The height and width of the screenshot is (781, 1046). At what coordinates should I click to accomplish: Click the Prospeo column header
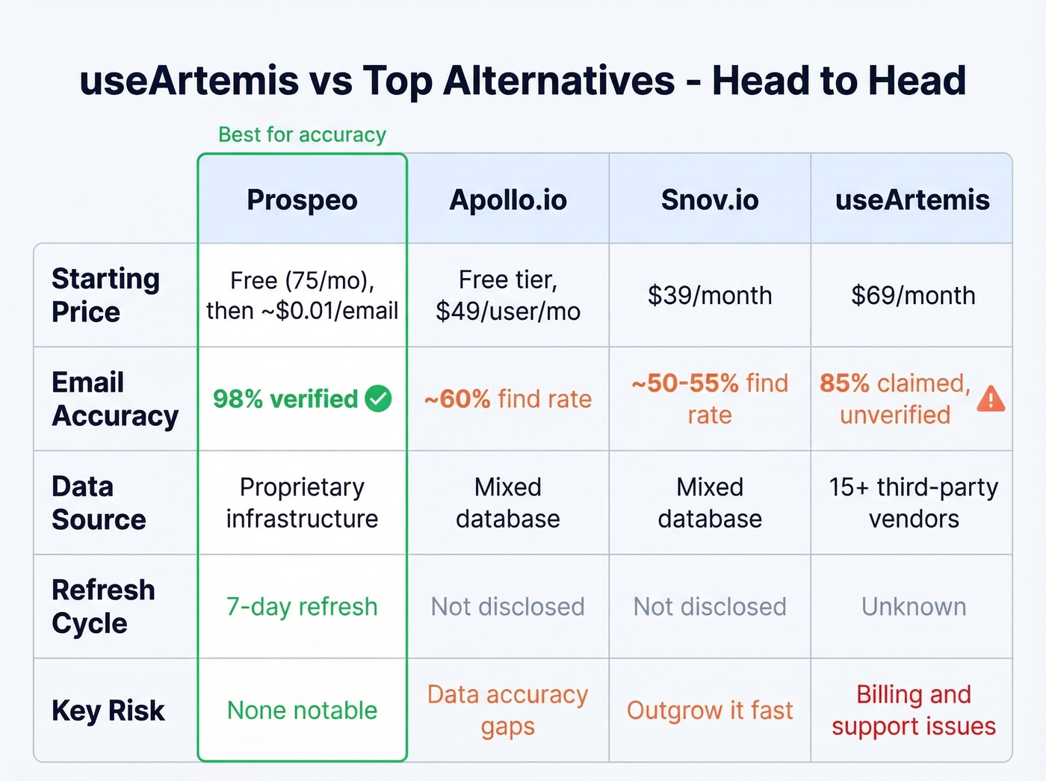[x=302, y=200]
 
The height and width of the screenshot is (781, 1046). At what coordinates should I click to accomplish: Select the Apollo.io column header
[x=508, y=200]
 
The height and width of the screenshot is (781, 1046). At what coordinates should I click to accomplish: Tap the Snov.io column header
[x=710, y=200]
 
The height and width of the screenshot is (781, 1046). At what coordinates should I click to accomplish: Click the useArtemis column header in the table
[x=912, y=200]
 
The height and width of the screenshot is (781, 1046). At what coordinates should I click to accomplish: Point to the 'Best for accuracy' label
[x=302, y=135]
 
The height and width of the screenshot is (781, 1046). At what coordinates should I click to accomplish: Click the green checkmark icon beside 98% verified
[x=378, y=398]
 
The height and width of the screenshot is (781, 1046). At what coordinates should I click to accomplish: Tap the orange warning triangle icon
[x=991, y=399]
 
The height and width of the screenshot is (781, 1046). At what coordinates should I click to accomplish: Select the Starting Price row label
[x=105, y=294]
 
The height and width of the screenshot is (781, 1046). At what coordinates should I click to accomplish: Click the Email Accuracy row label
[x=115, y=398]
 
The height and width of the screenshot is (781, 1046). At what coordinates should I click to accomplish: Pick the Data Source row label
[x=99, y=502]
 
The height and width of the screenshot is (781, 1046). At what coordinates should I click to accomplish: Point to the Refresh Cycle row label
[x=103, y=606]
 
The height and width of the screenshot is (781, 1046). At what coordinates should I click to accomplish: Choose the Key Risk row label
[x=108, y=710]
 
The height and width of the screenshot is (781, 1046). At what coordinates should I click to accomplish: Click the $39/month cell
[x=710, y=295]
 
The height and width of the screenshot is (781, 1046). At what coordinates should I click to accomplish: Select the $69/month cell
[x=913, y=295]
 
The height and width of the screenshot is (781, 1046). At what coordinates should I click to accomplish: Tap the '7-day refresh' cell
[x=302, y=606]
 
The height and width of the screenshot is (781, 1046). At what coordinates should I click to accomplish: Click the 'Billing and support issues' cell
[x=913, y=710]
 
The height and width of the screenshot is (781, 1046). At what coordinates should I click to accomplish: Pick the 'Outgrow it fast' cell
[x=710, y=710]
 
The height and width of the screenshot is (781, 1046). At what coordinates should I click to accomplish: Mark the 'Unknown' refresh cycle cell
[x=913, y=606]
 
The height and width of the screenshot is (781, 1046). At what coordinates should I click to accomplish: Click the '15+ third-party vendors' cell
[x=913, y=502]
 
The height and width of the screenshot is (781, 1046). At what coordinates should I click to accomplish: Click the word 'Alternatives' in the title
[x=559, y=81]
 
